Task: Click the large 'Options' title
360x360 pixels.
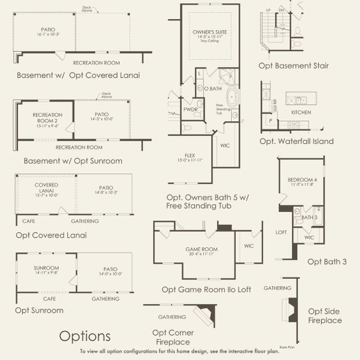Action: tap(85, 335)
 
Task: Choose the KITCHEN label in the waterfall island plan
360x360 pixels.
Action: tap(301, 112)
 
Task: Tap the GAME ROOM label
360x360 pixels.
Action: tap(201, 248)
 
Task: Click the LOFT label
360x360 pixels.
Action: tap(281, 231)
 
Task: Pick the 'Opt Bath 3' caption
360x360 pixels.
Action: tap(327, 261)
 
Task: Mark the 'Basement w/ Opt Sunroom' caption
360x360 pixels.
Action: tap(73, 161)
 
